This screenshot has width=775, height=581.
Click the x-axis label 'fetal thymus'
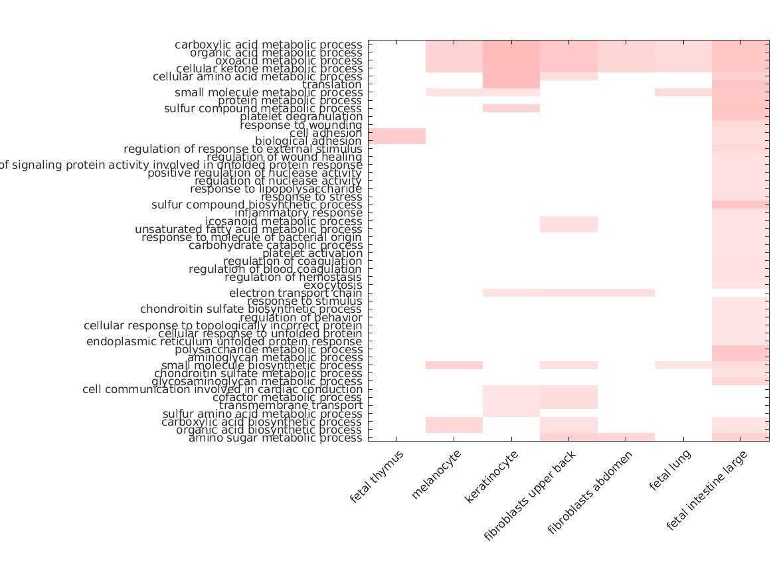tap(377, 477)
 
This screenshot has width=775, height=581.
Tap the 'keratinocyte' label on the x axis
tap(492, 476)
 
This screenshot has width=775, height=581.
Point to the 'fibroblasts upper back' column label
tap(531, 495)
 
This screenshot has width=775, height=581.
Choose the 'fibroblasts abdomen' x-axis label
tap(590, 492)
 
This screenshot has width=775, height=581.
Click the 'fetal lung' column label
tap(671, 469)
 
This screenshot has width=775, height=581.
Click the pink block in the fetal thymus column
tap(396, 136)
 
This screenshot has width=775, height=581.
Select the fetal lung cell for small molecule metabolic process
tap(683, 92)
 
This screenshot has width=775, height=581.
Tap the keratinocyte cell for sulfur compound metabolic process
tap(511, 108)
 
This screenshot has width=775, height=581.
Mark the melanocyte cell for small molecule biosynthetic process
tap(454, 365)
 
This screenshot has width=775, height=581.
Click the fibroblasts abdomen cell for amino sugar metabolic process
tap(626, 438)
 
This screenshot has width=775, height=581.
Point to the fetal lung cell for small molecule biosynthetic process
tap(683, 365)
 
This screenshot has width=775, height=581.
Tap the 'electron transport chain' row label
tap(296, 293)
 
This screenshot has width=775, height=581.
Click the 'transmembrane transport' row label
tap(291, 406)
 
